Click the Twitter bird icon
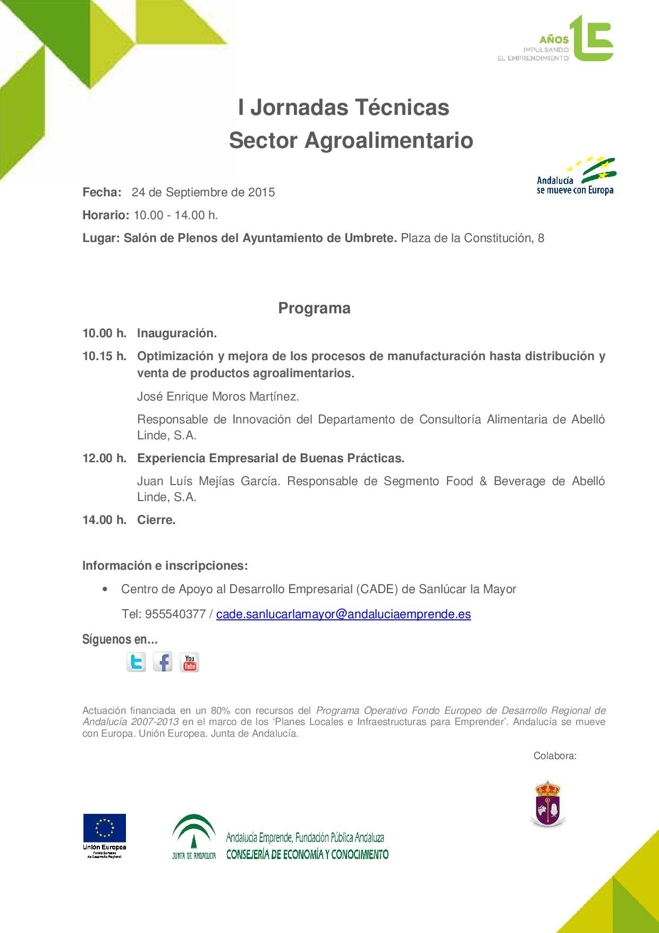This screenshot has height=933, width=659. tap(136, 662)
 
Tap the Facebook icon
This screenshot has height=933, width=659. tap(163, 662)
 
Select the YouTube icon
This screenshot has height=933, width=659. tap(189, 662)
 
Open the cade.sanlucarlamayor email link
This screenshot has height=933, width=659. tap(343, 614)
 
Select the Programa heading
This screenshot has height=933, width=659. tap(314, 309)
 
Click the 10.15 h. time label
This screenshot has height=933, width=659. tap(104, 356)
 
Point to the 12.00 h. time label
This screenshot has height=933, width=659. tap(104, 458)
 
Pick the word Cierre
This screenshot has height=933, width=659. tap(156, 520)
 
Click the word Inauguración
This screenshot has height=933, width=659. tap(176, 333)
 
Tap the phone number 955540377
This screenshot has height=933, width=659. tap(175, 614)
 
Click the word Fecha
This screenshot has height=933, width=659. tap(102, 192)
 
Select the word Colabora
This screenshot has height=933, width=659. tap(554, 756)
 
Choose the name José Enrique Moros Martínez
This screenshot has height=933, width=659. tap(218, 396)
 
